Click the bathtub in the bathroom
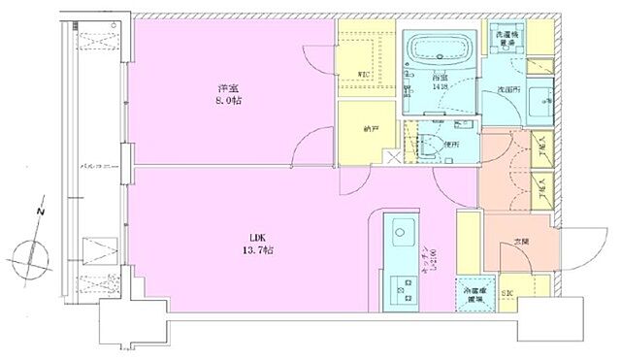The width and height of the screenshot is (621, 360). click(435, 49)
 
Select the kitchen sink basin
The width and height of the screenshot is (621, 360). click(401, 236)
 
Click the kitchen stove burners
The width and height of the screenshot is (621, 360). click(400, 286)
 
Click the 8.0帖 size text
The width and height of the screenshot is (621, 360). click(226, 98)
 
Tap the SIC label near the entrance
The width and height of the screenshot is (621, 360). click(506, 291)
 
